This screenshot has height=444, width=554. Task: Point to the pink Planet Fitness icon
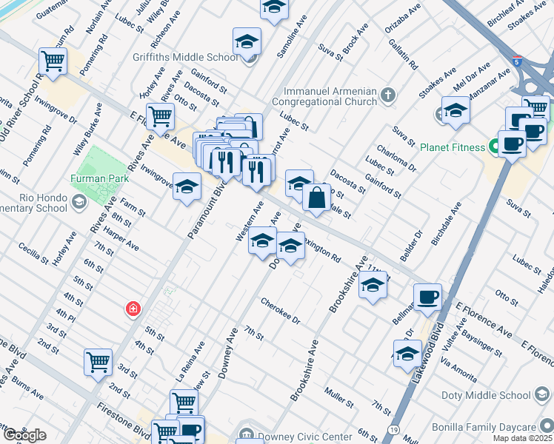[491, 147]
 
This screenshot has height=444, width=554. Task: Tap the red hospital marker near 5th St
[133, 309]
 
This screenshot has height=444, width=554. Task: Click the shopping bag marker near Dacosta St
[316, 198]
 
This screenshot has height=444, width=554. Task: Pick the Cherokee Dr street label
[280, 311]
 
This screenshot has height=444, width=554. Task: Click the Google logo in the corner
[24, 434]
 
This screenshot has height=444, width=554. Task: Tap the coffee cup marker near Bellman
[427, 298]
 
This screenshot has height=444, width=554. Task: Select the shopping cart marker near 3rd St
[98, 363]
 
